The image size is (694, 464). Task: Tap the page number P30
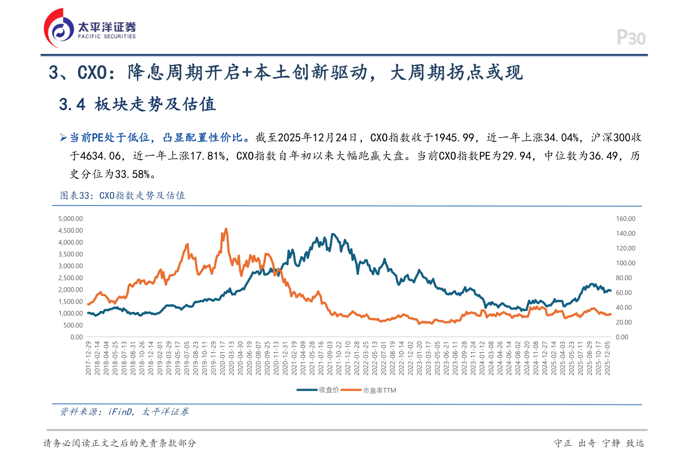click(631, 38)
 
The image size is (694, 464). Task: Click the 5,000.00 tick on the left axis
click(70, 219)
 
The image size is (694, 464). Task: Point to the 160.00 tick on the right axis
click(626, 219)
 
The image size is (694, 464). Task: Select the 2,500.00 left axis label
click(70, 278)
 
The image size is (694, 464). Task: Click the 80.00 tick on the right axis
click(624, 278)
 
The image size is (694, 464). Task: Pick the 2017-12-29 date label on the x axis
click(88, 358)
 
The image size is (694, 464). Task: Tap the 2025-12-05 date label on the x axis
click(607, 358)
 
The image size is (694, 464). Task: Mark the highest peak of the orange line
click(226, 229)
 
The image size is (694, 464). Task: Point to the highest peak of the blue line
click(333, 234)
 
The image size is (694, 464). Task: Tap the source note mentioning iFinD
click(124, 412)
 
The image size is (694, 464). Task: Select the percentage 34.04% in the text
click(561, 138)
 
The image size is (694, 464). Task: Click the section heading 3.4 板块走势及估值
click(137, 104)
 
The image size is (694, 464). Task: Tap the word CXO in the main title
click(92, 73)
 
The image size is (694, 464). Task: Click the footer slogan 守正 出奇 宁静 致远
click(599, 443)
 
